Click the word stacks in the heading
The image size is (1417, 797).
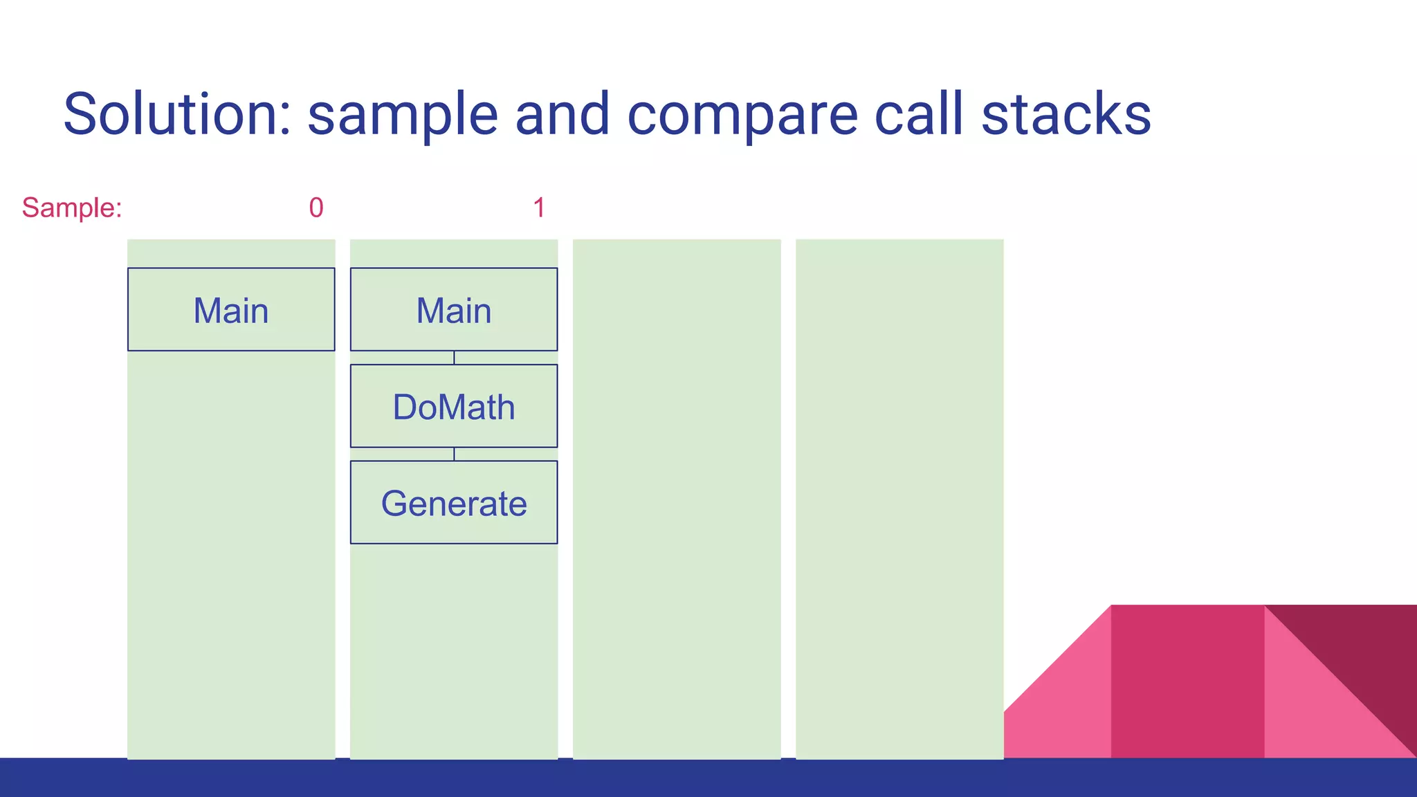1066,114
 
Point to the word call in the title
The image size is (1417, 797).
919,114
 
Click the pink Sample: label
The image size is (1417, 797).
72,208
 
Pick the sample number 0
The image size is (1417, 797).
316,208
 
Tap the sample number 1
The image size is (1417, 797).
539,208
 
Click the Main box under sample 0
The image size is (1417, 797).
231,309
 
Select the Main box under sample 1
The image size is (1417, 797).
454,309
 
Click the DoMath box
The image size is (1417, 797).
454,406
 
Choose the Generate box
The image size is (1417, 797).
454,502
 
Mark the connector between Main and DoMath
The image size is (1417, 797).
454,358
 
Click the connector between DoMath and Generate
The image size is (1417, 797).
454,454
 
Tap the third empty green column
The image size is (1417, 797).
677,498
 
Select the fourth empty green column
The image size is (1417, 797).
899,498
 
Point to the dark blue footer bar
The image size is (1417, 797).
708,778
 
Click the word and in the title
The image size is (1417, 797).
563,114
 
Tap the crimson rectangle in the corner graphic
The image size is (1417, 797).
1187,681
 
